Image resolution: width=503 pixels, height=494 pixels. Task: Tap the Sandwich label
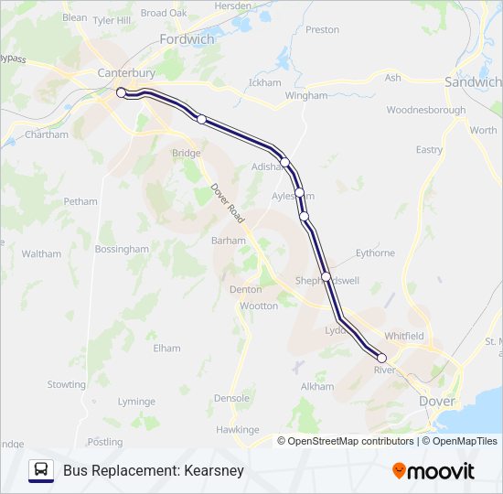pos(472,81)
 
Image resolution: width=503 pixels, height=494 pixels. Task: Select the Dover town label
pos(436,401)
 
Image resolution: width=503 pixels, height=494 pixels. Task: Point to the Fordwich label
pos(187,39)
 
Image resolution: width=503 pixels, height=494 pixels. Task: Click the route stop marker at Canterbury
pos(121,92)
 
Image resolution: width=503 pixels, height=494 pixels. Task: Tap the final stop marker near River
pos(382,358)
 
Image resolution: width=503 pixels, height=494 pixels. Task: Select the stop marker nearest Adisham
pos(285,162)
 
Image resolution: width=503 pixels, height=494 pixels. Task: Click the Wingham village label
pos(305,95)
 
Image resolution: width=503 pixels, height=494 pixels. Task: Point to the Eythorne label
pos(375,252)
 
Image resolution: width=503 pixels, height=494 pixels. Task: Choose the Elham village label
pos(166,348)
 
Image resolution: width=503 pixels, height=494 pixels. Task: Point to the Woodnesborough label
pos(426,110)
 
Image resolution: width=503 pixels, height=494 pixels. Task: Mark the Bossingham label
pos(121,249)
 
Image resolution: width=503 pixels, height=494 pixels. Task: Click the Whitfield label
pos(403,336)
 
